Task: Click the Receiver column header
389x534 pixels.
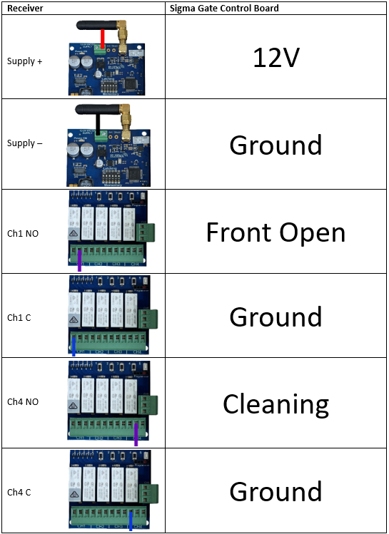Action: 24,8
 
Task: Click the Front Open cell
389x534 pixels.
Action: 276,232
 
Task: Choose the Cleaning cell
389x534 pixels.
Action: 276,404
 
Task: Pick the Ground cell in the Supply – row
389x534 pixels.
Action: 276,145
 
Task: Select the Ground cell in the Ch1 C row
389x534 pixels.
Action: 276,317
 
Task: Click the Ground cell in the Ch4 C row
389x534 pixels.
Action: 276,491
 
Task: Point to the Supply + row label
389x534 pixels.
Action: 24,61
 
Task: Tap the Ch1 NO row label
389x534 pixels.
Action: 23,232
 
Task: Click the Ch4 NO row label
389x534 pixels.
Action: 23,402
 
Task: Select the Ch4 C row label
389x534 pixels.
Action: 19,492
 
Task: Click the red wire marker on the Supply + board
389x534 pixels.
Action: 103,39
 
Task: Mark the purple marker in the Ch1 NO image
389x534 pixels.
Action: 79,259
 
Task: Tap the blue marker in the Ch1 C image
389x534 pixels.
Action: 74,345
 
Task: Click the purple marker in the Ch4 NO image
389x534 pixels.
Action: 136,433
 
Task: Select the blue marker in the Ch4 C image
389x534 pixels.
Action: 131,520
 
